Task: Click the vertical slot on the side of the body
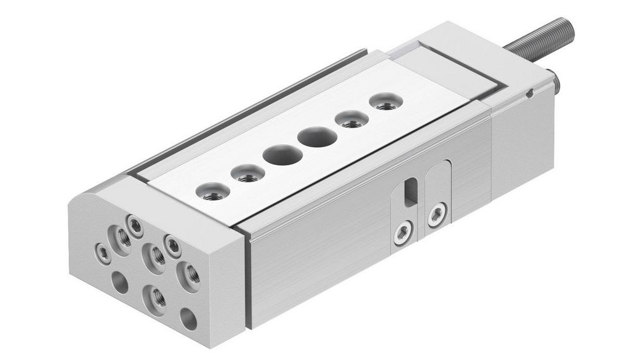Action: pos(411,192)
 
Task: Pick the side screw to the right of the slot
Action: pos(436,215)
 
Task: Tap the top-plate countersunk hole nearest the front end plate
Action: pos(212,191)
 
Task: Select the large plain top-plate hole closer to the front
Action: pos(280,155)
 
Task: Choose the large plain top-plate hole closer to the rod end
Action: pos(317,136)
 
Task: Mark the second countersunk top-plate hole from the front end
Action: pos(247,172)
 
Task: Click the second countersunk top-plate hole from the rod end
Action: pos(351,119)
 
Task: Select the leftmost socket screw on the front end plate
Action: pos(102,253)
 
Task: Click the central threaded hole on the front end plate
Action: pos(155,257)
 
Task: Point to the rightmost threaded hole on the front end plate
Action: pos(189,275)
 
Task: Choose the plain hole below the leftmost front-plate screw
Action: pos(119,282)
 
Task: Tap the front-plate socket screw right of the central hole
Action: pos(172,243)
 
